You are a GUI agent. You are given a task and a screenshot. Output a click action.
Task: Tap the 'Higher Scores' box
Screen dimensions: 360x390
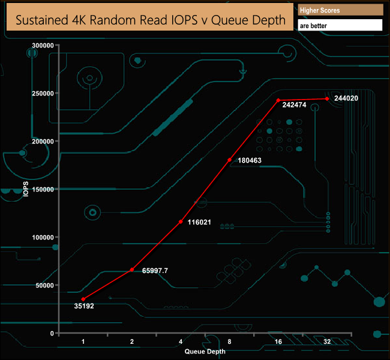coord(340,10)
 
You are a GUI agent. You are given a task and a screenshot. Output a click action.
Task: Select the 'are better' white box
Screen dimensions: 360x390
coord(340,26)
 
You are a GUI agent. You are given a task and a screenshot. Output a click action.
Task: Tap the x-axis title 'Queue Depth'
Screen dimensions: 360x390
coord(205,352)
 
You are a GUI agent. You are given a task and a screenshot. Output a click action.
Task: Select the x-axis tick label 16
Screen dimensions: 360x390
coord(278,341)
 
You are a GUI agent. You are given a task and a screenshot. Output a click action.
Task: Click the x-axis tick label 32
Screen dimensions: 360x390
coord(327,341)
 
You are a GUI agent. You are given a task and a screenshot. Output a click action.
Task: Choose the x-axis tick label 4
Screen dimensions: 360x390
coord(181,341)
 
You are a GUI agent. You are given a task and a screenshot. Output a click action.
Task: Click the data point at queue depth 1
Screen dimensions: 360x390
coord(83,299)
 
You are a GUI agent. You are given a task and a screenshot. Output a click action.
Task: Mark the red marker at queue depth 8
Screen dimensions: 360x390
coord(230,160)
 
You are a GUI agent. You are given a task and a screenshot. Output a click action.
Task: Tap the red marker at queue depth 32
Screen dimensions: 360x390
coord(327,98)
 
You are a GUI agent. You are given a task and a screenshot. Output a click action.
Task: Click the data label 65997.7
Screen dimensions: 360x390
coord(155,271)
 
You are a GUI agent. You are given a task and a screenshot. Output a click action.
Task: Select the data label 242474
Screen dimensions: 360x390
coord(295,112)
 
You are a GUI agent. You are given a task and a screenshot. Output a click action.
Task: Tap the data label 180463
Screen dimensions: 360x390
coord(249,160)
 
